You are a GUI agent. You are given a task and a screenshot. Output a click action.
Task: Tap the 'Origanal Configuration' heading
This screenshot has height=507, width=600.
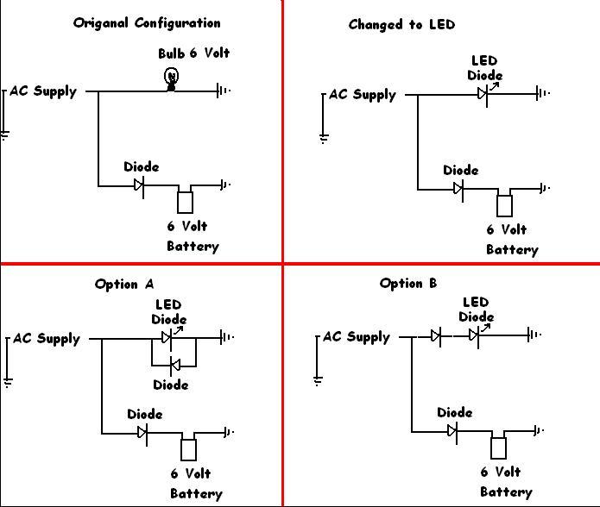[147, 23]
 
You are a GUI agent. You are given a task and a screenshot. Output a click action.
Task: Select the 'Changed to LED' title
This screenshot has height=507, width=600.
[401, 24]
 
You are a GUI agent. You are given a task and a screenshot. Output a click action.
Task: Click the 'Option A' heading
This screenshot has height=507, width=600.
[124, 284]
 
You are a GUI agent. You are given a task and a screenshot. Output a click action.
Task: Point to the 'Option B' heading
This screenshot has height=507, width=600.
[408, 283]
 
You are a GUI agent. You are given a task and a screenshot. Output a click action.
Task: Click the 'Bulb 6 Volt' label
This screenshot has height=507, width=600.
[193, 53]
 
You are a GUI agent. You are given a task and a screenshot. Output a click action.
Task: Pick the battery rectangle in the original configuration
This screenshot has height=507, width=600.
[185, 202]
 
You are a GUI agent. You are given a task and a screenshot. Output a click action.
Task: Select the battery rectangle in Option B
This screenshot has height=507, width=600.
[498, 448]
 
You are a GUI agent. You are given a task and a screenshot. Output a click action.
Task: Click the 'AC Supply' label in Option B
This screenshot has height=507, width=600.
[357, 336]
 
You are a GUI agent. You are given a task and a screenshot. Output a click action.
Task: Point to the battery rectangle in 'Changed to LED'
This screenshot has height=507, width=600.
[504, 205]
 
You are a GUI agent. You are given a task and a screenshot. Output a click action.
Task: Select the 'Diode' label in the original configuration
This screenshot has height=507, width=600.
[141, 166]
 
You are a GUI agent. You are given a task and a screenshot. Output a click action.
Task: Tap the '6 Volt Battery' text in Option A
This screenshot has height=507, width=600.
[195, 483]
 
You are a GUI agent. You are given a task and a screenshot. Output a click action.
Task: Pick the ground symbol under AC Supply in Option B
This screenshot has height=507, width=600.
[319, 379]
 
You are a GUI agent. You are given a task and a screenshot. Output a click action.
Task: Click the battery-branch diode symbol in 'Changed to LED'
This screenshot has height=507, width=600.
[458, 188]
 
